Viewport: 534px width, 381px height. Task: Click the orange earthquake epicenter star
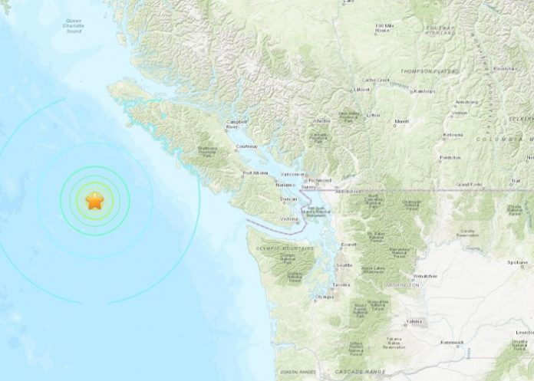point(94,202)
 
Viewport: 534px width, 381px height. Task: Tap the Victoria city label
point(288,219)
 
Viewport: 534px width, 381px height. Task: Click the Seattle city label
point(343,265)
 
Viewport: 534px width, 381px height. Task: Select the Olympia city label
point(324,297)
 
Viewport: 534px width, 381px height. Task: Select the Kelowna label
point(453,134)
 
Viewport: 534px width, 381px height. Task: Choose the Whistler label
point(321,120)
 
